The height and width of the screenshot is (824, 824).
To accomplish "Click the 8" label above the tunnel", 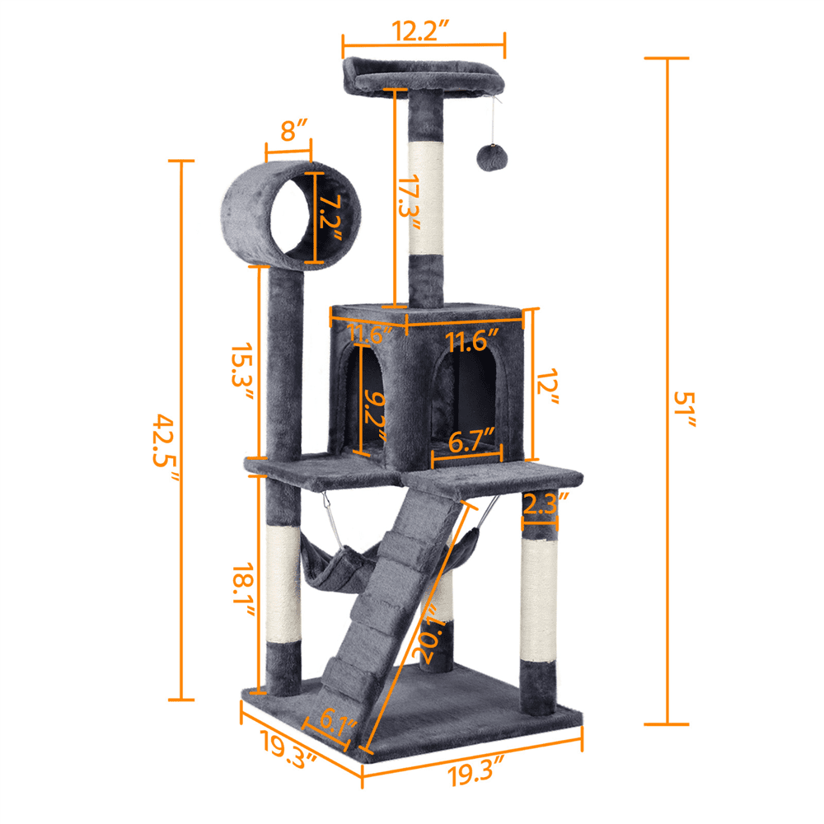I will click(288, 130).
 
